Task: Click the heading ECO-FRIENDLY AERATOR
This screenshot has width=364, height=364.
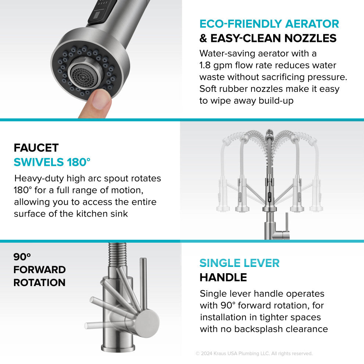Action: coord(269,24)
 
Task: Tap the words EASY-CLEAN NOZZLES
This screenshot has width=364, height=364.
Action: coord(273,38)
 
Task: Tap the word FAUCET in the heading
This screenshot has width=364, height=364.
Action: coord(36,148)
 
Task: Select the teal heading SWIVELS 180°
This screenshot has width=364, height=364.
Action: coord(52,162)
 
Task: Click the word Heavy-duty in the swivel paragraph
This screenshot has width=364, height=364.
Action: coord(39,179)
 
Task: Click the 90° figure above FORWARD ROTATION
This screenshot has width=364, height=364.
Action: coord(22,257)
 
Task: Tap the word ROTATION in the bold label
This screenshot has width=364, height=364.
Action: coord(39,282)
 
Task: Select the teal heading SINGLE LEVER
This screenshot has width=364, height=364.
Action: coord(239,263)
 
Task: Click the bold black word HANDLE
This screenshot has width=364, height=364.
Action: coord(223,277)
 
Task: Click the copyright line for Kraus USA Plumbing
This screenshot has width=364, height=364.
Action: coord(254,353)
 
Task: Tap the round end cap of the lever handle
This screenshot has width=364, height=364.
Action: coord(147,322)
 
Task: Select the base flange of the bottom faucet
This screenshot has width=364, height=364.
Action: coord(118,348)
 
